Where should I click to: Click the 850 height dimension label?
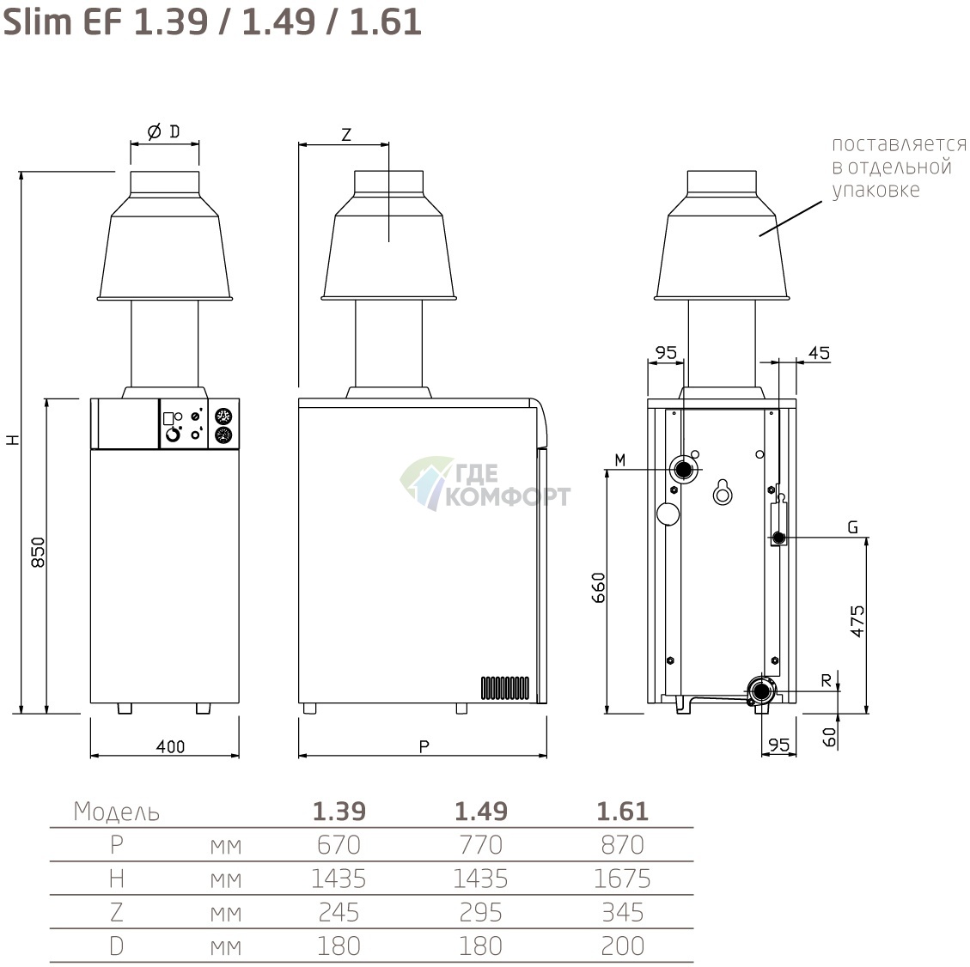tap(38, 552)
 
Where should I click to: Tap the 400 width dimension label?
tap(170, 747)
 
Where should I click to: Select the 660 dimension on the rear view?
tap(598, 588)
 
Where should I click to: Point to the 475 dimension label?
tap(857, 621)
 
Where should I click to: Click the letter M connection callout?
tap(619, 460)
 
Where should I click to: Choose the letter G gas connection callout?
tap(852, 527)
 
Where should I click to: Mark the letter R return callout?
tap(826, 681)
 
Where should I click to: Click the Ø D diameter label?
tap(164, 131)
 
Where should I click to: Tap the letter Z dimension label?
tap(345, 135)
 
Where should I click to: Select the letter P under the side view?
tap(424, 747)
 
